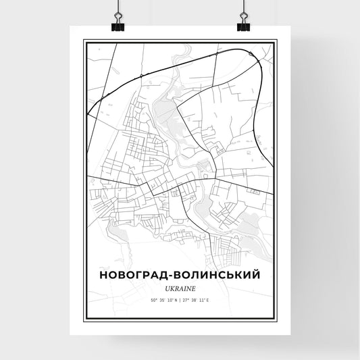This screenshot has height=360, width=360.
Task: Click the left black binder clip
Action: [x=117, y=26]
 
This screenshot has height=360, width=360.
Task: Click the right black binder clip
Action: [x=243, y=26]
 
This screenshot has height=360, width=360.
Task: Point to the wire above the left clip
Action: [x=117, y=8]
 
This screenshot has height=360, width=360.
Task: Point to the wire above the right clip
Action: [x=243, y=8]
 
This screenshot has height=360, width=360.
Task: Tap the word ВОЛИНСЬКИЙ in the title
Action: [x=217, y=276]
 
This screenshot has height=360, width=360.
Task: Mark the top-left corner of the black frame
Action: [x=84, y=41]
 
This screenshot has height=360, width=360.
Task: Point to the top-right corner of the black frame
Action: [x=276, y=41]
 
